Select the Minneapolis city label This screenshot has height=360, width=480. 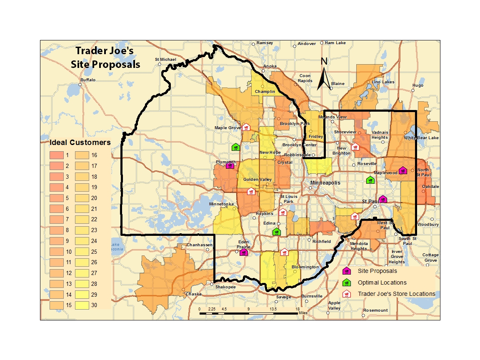(325, 183)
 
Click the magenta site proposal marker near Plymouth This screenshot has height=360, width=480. (230, 165)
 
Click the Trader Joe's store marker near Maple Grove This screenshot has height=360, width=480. (246, 127)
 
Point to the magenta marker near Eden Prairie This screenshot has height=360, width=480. (244, 252)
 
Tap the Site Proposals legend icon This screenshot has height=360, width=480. (346, 271)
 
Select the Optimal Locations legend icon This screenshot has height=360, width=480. (346, 282)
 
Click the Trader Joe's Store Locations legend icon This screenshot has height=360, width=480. (346, 294)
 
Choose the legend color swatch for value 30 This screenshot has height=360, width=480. (80, 305)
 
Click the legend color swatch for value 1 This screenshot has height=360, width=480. (55, 155)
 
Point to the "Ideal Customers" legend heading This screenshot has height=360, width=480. (80, 142)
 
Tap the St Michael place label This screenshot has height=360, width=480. (166, 60)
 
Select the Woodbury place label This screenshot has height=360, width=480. (428, 225)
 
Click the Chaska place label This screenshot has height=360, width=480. (193, 294)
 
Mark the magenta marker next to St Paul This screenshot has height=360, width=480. (382, 199)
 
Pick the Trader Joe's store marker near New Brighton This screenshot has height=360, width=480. (355, 147)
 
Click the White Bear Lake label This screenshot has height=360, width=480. (421, 137)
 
